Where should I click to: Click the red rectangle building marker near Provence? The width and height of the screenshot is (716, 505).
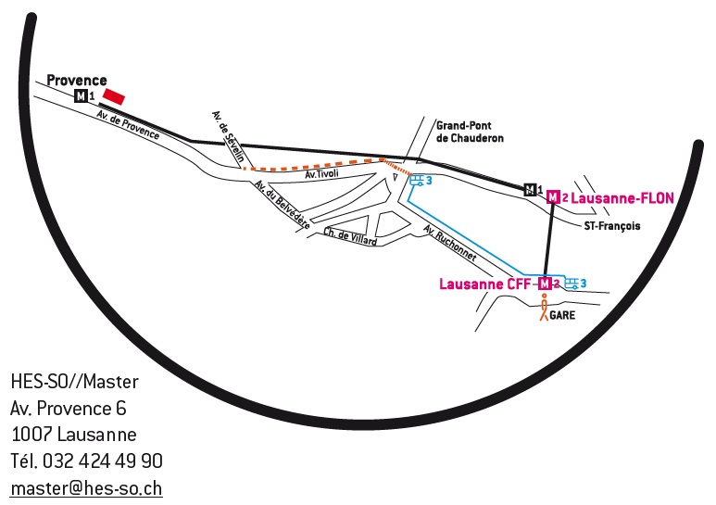click(114, 96)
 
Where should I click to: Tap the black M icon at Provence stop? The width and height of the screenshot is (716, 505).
click(81, 95)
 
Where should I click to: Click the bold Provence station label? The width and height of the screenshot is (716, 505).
click(77, 81)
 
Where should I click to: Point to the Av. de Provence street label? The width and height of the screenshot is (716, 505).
click(129, 125)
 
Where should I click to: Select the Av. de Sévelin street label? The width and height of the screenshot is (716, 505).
click(228, 136)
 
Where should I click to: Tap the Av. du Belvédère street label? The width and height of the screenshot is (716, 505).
click(283, 204)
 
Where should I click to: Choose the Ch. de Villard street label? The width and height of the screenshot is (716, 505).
click(350, 236)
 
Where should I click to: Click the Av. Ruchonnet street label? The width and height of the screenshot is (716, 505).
click(450, 243)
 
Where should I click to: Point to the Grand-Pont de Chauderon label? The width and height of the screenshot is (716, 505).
click(470, 132)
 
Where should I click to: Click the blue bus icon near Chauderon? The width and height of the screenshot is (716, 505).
click(417, 181)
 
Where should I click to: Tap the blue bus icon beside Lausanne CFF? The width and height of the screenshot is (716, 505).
click(572, 284)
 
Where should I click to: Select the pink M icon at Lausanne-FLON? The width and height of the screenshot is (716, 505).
click(553, 197)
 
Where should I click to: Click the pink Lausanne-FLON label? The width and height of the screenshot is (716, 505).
click(622, 198)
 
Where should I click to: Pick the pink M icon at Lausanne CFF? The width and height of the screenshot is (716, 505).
click(545, 284)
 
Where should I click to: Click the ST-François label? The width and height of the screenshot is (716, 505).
click(612, 225)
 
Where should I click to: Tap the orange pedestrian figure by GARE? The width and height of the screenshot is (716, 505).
click(544, 307)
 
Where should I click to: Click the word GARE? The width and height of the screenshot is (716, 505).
click(562, 315)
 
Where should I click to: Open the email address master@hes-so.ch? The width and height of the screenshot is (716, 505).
click(86, 488)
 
